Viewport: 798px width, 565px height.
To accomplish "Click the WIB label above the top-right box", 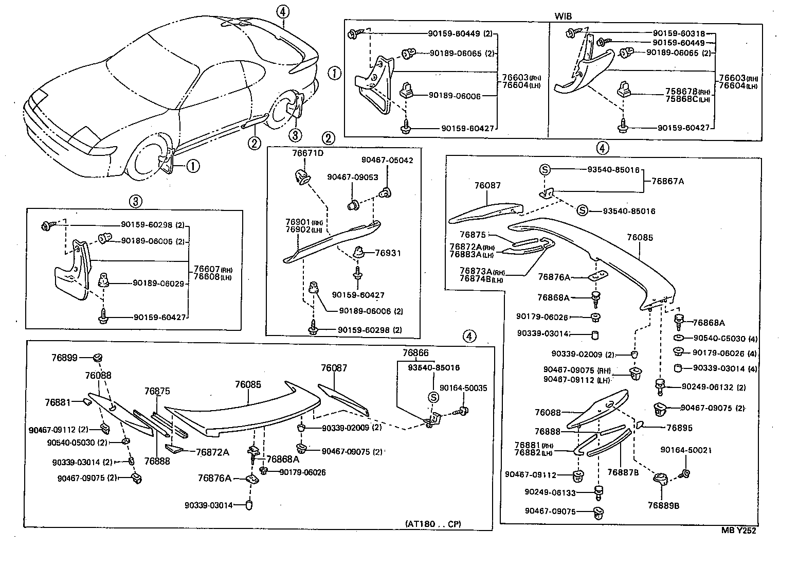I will (x=564, y=15).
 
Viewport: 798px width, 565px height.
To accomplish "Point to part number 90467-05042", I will (x=387, y=160).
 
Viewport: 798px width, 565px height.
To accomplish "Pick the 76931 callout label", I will (x=388, y=253).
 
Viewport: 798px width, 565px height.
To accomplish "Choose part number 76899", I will (x=64, y=357).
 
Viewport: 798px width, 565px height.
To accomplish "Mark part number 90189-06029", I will (x=158, y=283).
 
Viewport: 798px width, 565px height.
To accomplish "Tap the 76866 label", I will (x=415, y=352).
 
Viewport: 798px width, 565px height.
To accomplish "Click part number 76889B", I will (x=663, y=505).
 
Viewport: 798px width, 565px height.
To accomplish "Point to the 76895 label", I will (x=679, y=428).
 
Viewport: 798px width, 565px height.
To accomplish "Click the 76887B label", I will (x=623, y=472).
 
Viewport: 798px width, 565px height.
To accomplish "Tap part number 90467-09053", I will (x=352, y=177).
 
